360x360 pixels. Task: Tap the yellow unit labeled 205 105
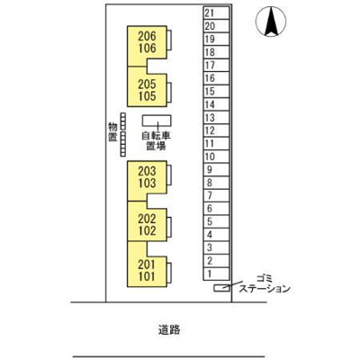[x=148, y=89]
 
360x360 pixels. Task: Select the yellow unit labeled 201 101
[x=148, y=270]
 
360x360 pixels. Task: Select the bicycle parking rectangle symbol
[x=158, y=121]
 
